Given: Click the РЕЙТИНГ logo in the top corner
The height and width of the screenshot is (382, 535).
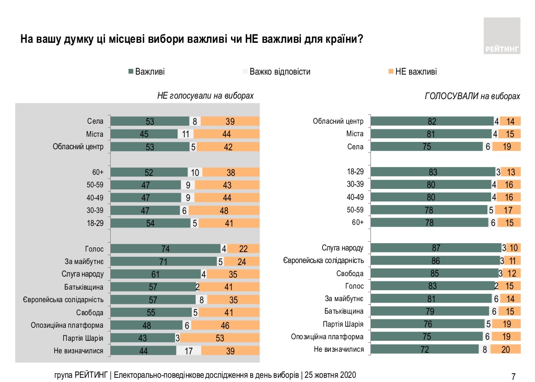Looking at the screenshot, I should (x=502, y=36).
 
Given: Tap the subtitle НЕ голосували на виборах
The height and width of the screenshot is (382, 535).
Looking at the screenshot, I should (x=205, y=96).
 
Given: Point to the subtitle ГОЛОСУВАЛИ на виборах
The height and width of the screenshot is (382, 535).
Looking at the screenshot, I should (x=472, y=97).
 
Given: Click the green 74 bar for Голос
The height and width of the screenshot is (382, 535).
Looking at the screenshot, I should (x=166, y=249).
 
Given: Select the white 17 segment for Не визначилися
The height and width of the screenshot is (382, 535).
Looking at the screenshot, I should (x=189, y=351).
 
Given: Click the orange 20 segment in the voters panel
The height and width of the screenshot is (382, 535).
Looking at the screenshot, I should (x=506, y=350).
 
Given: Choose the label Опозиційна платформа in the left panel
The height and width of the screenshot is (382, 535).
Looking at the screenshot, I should (x=69, y=325).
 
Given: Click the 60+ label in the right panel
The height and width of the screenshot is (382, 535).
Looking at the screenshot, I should (x=357, y=223).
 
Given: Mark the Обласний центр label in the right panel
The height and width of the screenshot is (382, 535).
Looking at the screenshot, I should (x=338, y=122).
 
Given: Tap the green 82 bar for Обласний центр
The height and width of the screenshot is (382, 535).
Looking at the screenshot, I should (x=432, y=122).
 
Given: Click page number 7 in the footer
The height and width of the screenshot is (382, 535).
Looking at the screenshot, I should (x=513, y=376).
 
